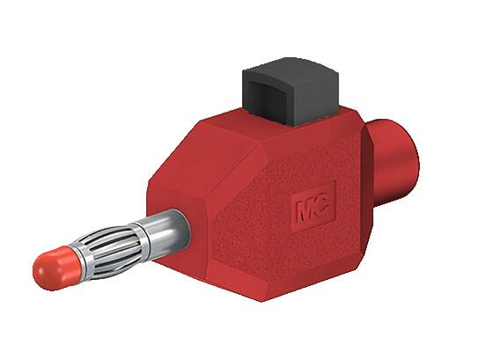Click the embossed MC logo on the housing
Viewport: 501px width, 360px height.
pyautogui.click(x=313, y=211)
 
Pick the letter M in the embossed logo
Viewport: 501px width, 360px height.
pyautogui.click(x=306, y=212)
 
